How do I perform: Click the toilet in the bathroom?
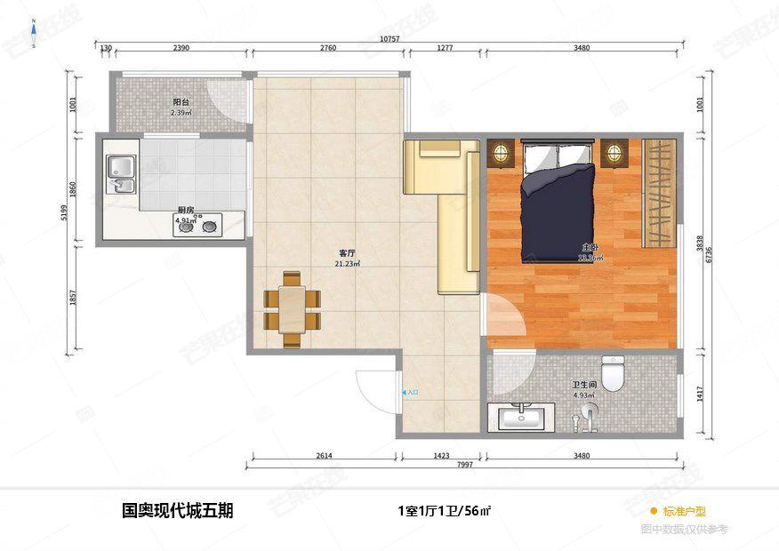click(x=613, y=374)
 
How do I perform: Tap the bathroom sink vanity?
click(x=521, y=418)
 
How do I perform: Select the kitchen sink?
click(x=120, y=174)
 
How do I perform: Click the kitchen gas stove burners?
click(x=197, y=228)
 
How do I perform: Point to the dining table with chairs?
click(x=290, y=309)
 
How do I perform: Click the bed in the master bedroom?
click(x=558, y=200)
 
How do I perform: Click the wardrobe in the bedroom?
click(x=659, y=193)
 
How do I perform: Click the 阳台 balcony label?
click(x=181, y=102)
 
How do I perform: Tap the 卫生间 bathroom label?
click(x=583, y=386)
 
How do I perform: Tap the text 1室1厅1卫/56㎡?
click(x=445, y=511)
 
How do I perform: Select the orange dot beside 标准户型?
click(x=654, y=511)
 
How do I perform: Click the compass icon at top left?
click(x=33, y=33)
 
